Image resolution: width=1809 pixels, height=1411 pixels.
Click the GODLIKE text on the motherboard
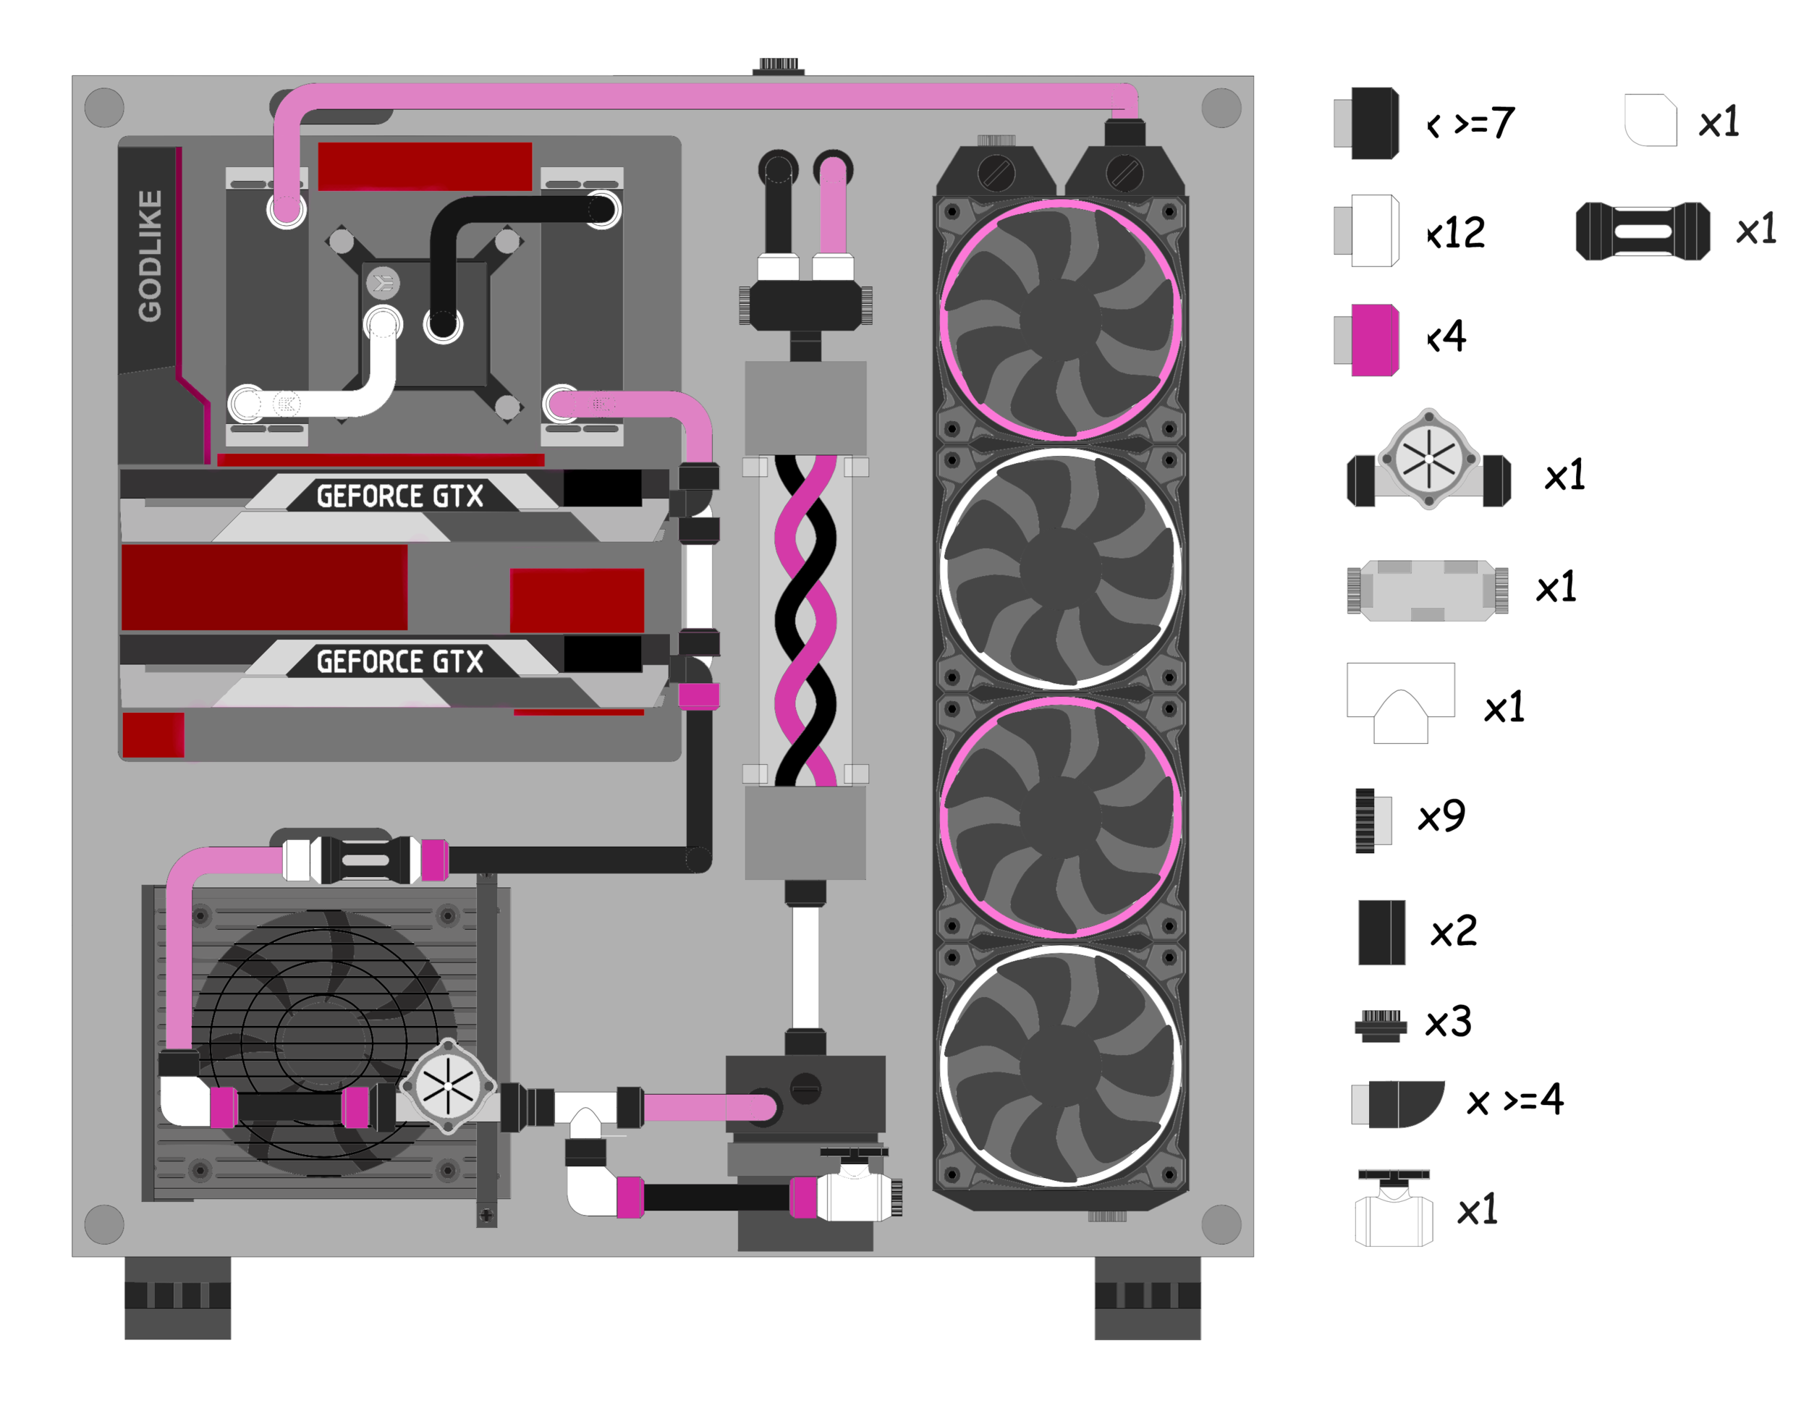tap(150, 256)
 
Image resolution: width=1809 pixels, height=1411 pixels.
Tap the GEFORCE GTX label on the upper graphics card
tap(400, 496)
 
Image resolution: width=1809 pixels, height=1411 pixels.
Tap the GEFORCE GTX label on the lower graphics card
tap(400, 661)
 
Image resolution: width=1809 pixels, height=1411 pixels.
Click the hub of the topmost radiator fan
tap(1060, 321)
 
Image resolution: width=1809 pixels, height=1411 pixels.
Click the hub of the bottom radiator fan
tap(1060, 1066)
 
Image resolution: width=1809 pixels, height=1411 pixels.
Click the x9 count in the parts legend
tap(1442, 816)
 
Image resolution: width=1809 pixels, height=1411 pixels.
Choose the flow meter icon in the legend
tap(1429, 459)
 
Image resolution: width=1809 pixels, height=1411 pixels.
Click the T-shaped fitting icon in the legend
tap(1401, 702)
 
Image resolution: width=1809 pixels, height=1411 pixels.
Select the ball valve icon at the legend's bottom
tap(1394, 1209)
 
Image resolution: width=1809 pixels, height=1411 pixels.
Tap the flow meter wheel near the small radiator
tap(448, 1085)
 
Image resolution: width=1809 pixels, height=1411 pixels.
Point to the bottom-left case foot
tap(177, 1297)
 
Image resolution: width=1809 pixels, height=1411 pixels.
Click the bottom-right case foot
tap(1147, 1297)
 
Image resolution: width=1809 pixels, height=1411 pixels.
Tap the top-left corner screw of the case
tap(104, 108)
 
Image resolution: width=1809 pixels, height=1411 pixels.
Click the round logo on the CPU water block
tap(383, 283)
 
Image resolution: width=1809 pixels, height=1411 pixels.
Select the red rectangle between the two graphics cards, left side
tap(264, 586)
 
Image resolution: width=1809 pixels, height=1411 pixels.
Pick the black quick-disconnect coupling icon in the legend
tap(1643, 231)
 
